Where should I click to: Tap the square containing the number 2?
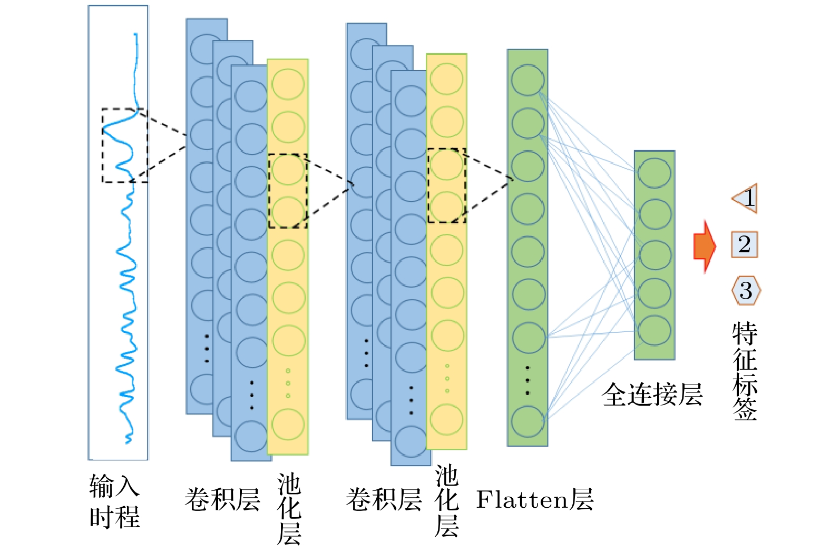pyautogui.click(x=745, y=244)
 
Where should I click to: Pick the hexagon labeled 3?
pyautogui.click(x=746, y=290)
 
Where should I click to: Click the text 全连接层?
pyautogui.click(x=652, y=395)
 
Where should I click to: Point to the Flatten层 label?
pyautogui.click(x=534, y=499)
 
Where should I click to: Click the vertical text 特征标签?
pyautogui.click(x=745, y=371)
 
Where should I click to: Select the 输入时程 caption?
pyautogui.click(x=114, y=501)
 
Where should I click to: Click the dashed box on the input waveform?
pyautogui.click(x=125, y=146)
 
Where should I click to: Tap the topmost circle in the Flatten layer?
pyautogui.click(x=528, y=80)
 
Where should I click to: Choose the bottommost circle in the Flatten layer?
pyautogui.click(x=528, y=421)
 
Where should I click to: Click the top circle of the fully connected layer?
pyautogui.click(x=655, y=173)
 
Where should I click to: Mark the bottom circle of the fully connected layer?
pyautogui.click(x=655, y=330)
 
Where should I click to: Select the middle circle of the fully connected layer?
pyautogui.click(x=655, y=254)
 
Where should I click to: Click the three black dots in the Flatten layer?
pyautogui.click(x=528, y=380)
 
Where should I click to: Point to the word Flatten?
pyautogui.click(x=522, y=499)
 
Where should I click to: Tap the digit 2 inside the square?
pyautogui.click(x=745, y=244)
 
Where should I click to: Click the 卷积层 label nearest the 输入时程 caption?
pyautogui.click(x=222, y=499)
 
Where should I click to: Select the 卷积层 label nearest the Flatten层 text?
pyautogui.click(x=384, y=499)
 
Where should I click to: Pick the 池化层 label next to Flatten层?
pyautogui.click(x=446, y=500)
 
